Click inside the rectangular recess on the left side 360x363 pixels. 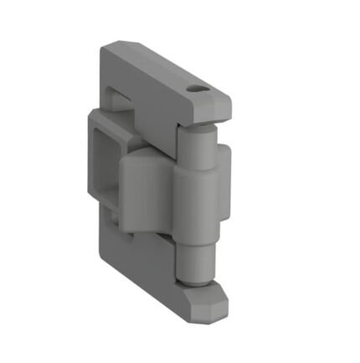point(107,155)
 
